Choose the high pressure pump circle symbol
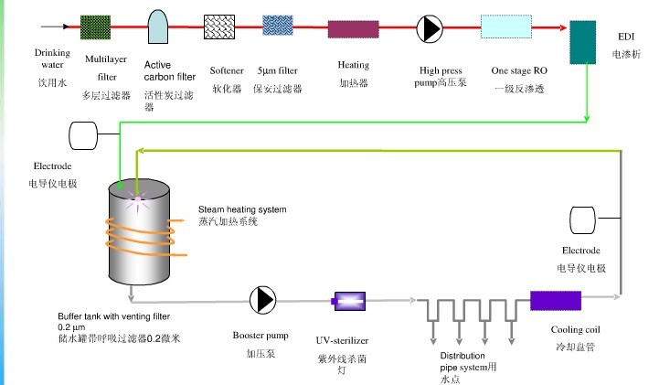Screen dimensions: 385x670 pos(430,28)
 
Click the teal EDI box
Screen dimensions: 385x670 pos(582,42)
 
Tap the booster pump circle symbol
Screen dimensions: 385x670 pos(262,299)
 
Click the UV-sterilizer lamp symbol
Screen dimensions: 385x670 pos(349,299)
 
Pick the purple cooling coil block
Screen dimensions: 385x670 pos(556,301)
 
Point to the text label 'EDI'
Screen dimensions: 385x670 pos(626,38)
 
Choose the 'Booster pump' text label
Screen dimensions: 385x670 pos(261,336)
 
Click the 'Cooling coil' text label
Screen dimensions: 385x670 pos(575,330)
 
